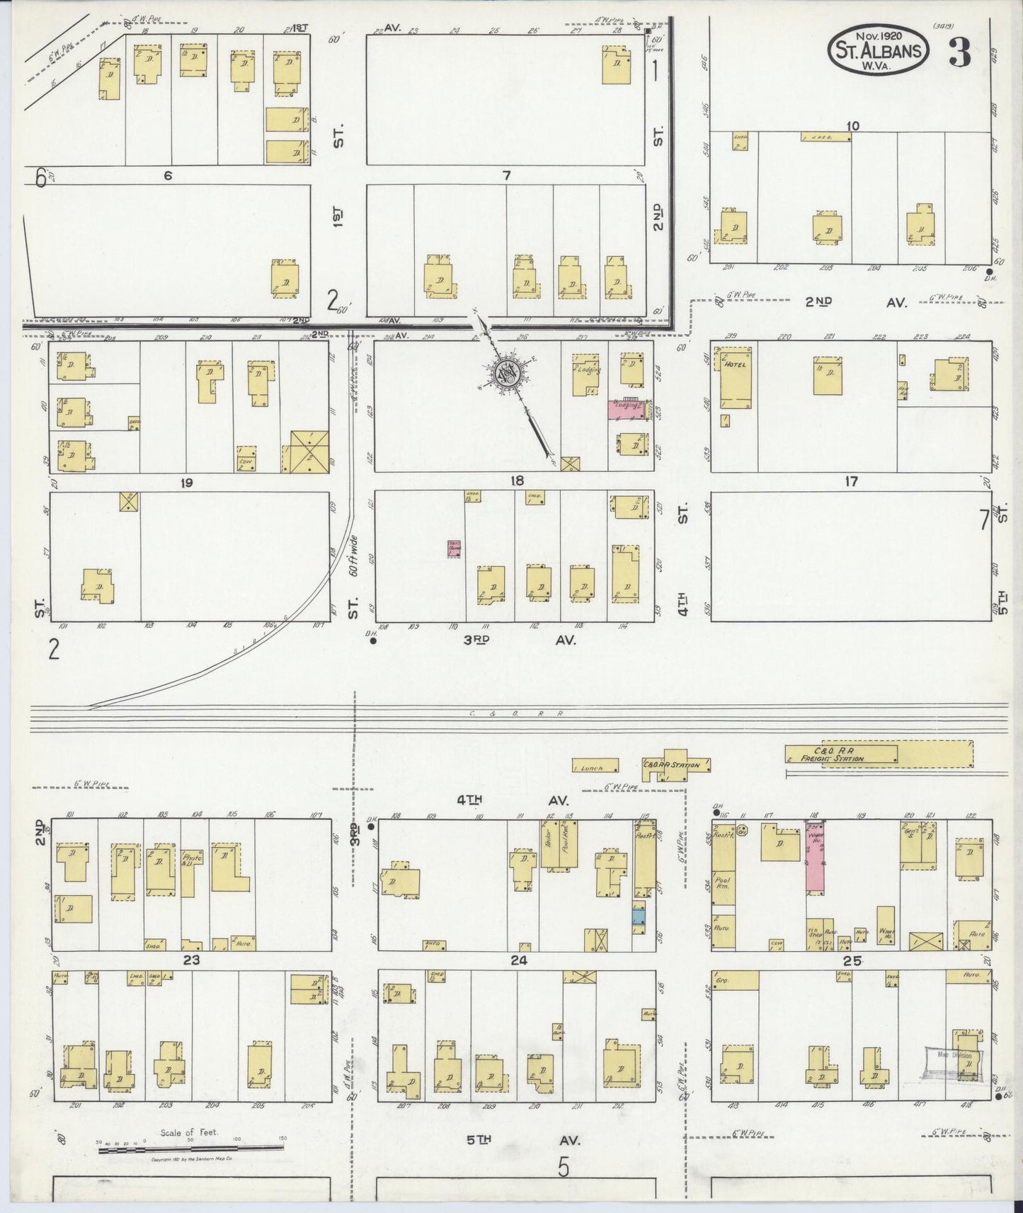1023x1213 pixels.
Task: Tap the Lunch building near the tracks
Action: click(595, 766)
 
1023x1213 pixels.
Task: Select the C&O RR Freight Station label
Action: click(839, 754)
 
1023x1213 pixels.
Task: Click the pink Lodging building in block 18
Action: click(627, 410)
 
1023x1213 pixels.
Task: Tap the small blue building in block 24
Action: click(639, 916)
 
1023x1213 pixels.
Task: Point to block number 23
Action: click(192, 960)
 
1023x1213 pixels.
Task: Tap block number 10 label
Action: click(852, 126)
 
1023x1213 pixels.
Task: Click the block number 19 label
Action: click(187, 483)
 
